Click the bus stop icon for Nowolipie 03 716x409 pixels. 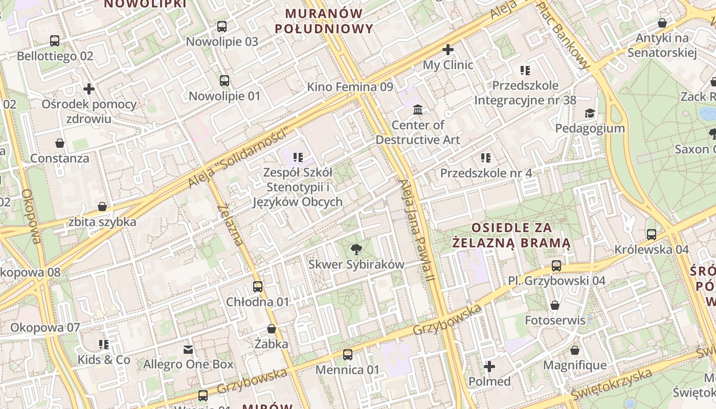click(x=222, y=27)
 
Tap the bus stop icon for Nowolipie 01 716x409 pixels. click(x=225, y=81)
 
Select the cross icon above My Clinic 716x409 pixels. click(x=448, y=50)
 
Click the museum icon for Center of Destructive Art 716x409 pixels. click(x=418, y=110)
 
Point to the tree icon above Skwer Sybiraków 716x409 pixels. click(x=356, y=249)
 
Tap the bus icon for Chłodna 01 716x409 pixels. click(x=258, y=287)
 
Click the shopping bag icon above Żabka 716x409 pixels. click(x=272, y=329)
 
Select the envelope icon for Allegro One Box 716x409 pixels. click(x=188, y=350)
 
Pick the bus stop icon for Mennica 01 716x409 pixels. click(x=348, y=354)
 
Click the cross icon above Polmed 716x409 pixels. click(x=489, y=367)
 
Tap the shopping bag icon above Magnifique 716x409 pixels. click(x=575, y=350)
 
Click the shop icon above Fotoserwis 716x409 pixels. click(x=555, y=305)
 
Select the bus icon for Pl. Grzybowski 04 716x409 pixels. click(x=556, y=266)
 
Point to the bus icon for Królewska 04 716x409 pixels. click(x=652, y=235)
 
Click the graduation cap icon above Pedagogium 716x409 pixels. click(x=590, y=113)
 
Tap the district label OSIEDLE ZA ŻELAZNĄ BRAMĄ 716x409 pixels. click(x=511, y=235)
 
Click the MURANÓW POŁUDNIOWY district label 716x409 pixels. click(x=324, y=21)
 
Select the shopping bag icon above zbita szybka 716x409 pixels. click(x=102, y=207)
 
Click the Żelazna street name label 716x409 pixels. click(x=230, y=225)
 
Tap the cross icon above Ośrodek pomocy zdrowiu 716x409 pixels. click(x=89, y=89)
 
